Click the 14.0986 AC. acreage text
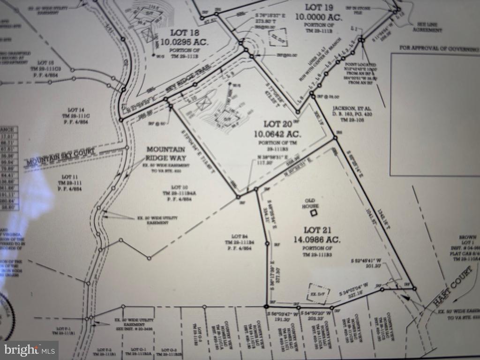318,239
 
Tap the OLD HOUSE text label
310,203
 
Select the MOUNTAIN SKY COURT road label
61,156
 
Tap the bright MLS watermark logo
29,350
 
